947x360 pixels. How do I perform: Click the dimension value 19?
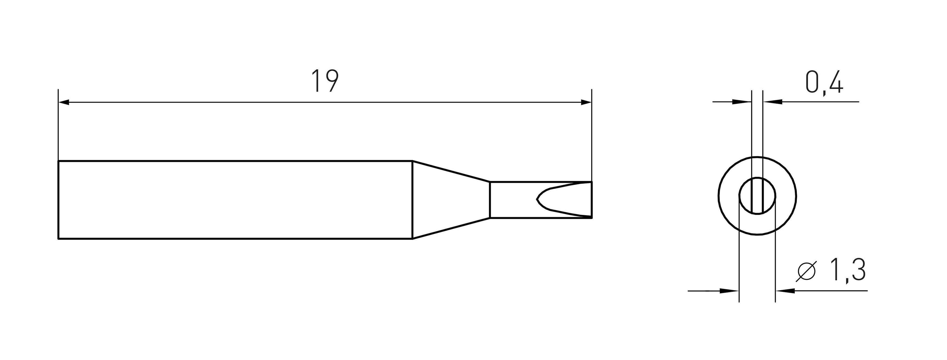pos(325,81)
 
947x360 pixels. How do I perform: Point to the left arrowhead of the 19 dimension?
pos(64,102)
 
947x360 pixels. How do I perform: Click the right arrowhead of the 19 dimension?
pos(586,102)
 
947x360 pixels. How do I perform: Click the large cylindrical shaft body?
pos(235,200)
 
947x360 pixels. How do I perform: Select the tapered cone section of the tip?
pos(450,200)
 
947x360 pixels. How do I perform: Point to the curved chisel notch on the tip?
pos(539,200)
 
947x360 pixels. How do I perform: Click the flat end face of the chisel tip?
pos(592,200)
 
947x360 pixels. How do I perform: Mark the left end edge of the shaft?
pos(58,200)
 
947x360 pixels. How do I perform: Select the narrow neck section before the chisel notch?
pos(511,200)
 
